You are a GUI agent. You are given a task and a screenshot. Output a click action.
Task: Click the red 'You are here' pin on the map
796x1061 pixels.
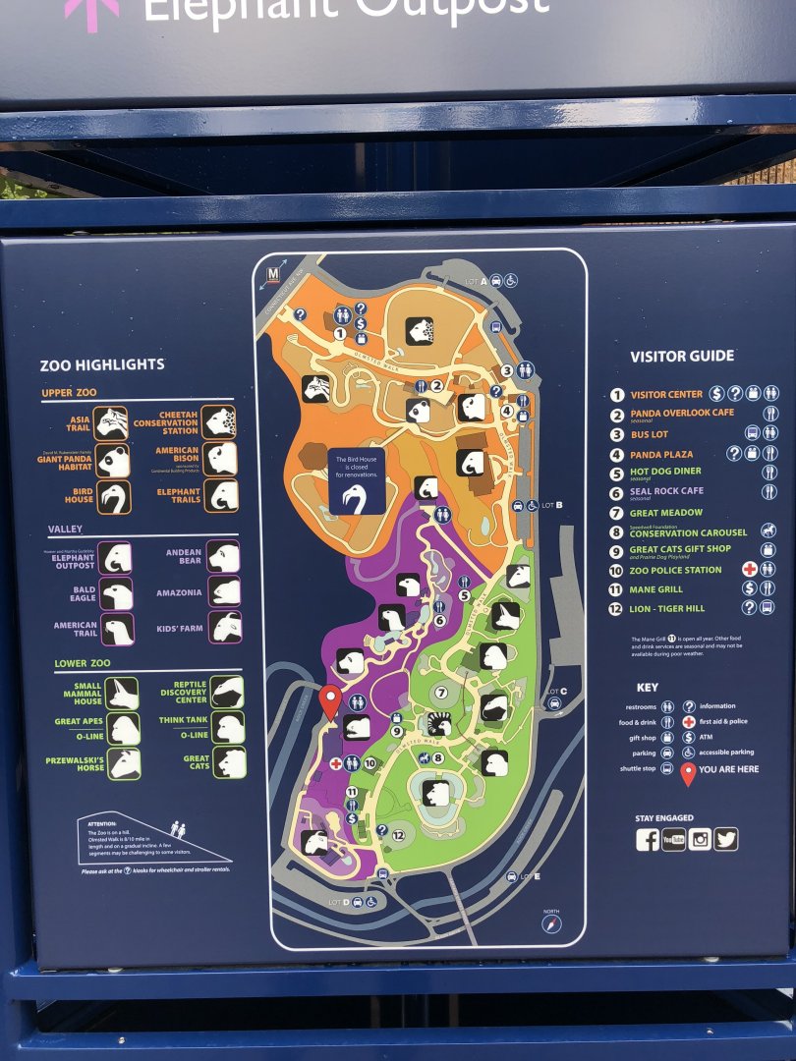[x=330, y=700]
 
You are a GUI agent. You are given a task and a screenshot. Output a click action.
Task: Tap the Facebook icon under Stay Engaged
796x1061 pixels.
[x=648, y=840]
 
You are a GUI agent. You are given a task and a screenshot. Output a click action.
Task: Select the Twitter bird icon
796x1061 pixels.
[x=726, y=840]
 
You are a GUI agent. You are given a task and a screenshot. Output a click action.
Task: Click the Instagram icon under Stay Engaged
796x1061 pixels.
[x=700, y=840]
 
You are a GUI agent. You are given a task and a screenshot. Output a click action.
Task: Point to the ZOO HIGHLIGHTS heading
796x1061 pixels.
[x=102, y=364]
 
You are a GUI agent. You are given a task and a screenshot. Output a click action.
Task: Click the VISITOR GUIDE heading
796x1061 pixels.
[x=682, y=357]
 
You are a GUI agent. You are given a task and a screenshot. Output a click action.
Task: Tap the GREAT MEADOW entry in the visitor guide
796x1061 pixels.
[x=667, y=513]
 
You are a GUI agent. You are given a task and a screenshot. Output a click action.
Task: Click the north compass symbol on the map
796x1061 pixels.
[x=551, y=924]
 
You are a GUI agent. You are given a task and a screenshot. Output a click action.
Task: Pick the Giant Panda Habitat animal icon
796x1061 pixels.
[x=114, y=460]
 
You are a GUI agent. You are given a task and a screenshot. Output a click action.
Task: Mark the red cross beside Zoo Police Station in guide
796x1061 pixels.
[x=750, y=570]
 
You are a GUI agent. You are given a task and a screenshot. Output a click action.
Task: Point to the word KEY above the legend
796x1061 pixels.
[x=648, y=688]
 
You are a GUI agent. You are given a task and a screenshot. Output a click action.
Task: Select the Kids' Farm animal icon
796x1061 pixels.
[x=225, y=627]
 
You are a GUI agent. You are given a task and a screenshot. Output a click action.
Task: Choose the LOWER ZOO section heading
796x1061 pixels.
[x=83, y=663]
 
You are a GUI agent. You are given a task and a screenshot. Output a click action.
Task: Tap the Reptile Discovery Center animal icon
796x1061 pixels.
[x=226, y=692]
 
